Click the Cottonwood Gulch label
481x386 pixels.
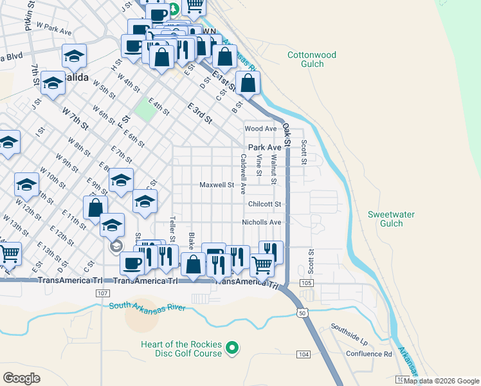pos(312,59)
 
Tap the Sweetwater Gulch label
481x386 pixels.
pos(391,219)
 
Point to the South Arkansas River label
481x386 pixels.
pos(147,308)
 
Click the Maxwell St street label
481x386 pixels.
pos(216,185)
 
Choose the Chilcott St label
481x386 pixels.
pos(265,204)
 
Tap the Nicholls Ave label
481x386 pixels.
pos(262,223)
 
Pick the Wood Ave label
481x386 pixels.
pos(260,129)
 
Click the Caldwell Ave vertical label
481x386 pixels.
pos(243,174)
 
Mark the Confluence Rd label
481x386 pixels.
pos(369,354)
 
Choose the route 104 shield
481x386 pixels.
pos(304,354)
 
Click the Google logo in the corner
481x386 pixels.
pos(22,378)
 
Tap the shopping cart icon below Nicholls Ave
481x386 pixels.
pos(262,264)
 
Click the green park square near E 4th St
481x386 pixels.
pos(146,109)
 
